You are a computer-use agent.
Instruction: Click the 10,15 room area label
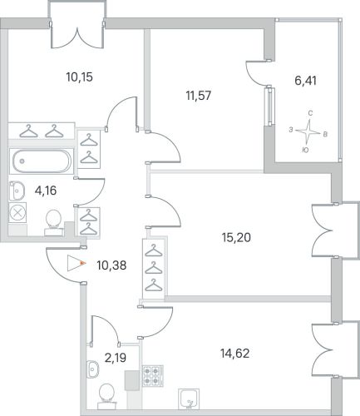point(79,77)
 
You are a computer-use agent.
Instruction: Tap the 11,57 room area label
point(199,96)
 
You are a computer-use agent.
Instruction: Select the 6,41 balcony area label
point(305,81)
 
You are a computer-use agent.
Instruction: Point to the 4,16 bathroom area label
point(46,191)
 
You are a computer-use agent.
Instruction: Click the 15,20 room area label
point(236,237)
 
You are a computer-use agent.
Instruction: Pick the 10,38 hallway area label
point(111,265)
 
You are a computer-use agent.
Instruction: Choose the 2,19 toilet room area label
point(116,358)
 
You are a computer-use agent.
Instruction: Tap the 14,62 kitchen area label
point(234,354)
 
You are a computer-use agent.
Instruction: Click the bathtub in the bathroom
point(42,161)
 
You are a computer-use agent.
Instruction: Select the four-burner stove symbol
point(153,375)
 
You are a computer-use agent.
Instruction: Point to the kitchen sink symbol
point(189,399)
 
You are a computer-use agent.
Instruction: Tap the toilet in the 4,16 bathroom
point(53,223)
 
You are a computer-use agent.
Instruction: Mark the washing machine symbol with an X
point(17,213)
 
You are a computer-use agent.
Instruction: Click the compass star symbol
point(308,131)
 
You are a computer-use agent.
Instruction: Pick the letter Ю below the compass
point(305,150)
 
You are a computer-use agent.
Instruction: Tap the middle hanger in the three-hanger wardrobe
point(154,269)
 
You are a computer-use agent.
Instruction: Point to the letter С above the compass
point(310,113)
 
